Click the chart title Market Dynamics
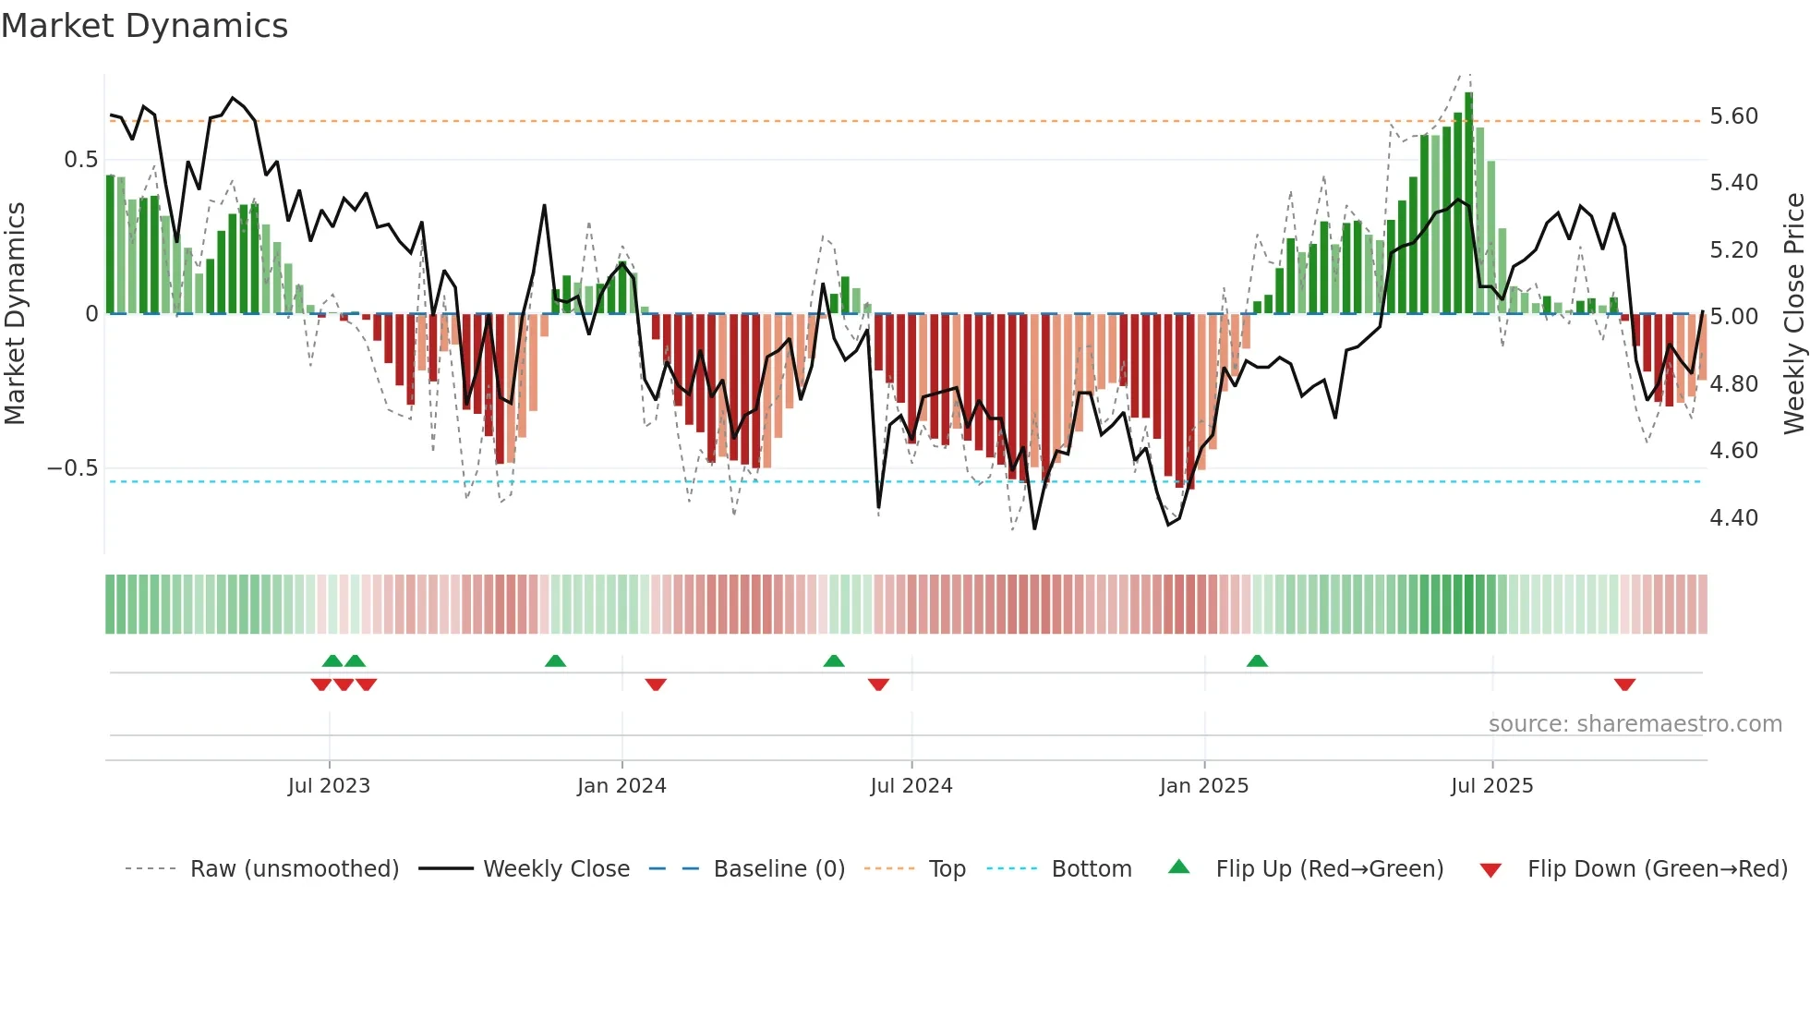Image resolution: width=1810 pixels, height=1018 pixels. [x=144, y=26]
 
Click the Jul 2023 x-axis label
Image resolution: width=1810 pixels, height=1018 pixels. [x=329, y=786]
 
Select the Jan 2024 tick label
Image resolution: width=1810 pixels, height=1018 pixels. [x=621, y=786]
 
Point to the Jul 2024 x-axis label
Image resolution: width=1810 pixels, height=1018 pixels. [x=911, y=786]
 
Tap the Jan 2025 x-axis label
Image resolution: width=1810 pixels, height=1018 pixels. [x=1204, y=786]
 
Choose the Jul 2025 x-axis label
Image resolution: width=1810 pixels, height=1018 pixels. [x=1491, y=786]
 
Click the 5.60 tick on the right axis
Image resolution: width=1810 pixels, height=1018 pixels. [x=1733, y=116]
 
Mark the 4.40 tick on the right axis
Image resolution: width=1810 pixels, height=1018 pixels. [x=1733, y=518]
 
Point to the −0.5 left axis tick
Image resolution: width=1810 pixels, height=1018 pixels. [x=72, y=468]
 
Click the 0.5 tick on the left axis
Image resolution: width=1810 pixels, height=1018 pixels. [x=80, y=160]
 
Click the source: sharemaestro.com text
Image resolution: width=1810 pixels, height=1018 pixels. [x=1635, y=724]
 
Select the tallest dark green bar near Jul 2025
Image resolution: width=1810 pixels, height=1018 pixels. [x=1469, y=203]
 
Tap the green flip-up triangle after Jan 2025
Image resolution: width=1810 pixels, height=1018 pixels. [x=1257, y=661]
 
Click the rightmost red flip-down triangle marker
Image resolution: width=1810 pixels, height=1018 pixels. [x=1624, y=685]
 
